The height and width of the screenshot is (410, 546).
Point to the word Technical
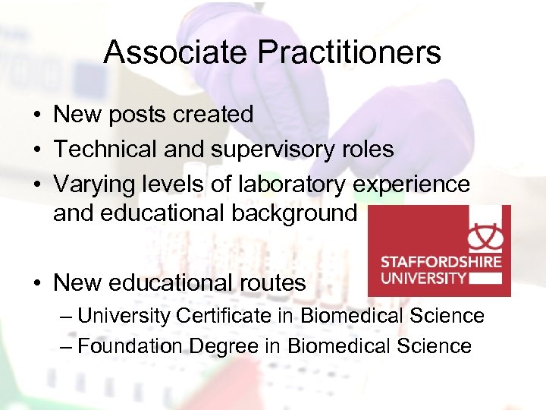(105, 150)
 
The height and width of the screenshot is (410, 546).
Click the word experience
(410, 184)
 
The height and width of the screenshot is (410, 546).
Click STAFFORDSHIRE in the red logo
(440, 262)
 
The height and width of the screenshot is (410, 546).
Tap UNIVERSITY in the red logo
(423, 277)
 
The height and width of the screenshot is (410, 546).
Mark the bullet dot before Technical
(37, 150)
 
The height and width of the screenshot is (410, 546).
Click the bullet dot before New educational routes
(37, 284)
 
